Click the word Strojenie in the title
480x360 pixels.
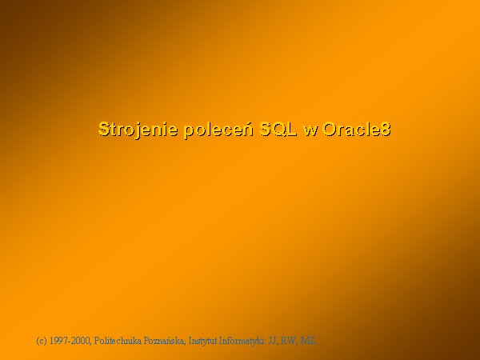click(x=138, y=130)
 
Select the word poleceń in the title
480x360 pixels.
click(x=218, y=130)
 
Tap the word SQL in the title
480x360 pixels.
click(x=278, y=129)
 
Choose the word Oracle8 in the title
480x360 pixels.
click(x=357, y=129)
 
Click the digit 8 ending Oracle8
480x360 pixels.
click(x=386, y=129)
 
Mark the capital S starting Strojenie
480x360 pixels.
click(x=104, y=129)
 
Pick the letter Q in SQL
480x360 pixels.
click(x=278, y=130)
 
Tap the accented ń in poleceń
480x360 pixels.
click(x=249, y=128)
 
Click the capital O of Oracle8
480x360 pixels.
click(x=330, y=129)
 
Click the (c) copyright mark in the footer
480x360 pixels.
click(x=42, y=341)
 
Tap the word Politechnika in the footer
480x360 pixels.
click(x=118, y=341)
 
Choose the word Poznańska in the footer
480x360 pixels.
click(x=165, y=341)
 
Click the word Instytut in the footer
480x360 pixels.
click(x=202, y=341)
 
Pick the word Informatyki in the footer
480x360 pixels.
click(x=242, y=341)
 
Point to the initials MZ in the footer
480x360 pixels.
click(x=307, y=341)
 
